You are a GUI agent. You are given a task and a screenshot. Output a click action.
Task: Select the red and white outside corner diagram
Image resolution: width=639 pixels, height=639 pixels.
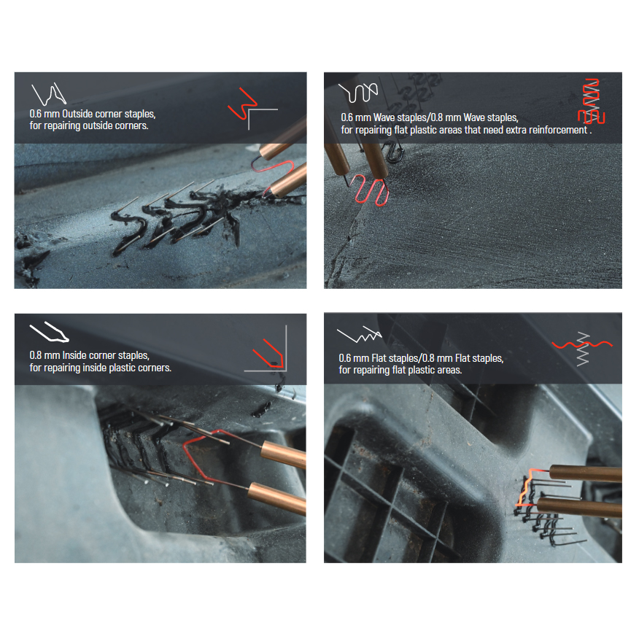252,108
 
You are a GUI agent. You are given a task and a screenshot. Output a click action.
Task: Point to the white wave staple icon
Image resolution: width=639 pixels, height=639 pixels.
358,92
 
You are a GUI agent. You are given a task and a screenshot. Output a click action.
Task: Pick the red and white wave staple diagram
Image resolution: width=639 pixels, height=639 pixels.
592,101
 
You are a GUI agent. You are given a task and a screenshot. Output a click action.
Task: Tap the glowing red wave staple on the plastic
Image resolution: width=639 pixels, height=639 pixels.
370,190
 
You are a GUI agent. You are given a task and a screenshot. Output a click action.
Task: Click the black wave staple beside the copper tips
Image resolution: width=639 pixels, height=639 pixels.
393,152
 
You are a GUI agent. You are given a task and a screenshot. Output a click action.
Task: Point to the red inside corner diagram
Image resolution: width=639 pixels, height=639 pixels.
269,353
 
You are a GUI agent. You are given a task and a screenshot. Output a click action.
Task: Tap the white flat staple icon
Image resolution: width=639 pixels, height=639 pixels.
359,335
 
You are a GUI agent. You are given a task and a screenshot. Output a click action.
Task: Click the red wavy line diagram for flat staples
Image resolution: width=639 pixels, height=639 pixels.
582,345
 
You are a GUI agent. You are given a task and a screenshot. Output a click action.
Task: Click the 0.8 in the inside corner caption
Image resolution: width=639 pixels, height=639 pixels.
36,355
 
